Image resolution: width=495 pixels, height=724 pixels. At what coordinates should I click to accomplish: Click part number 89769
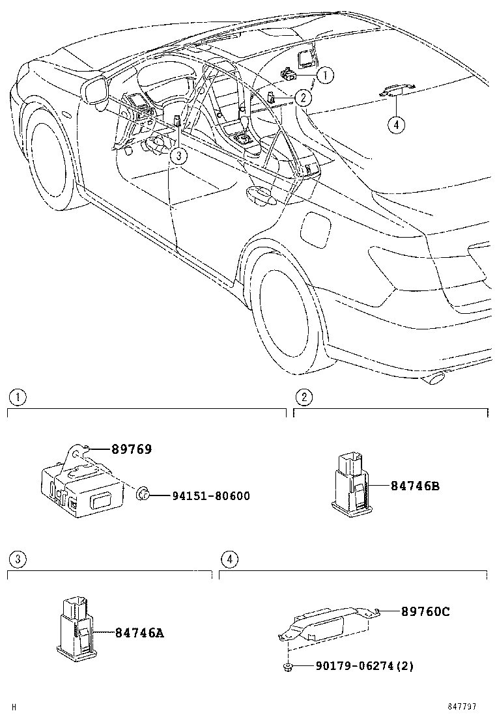pos(131,449)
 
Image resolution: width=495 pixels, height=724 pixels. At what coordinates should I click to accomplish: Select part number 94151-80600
pos(201,496)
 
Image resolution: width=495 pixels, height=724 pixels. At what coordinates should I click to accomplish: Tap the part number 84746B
pos(415,486)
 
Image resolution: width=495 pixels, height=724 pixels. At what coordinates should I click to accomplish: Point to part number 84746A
pos(139,632)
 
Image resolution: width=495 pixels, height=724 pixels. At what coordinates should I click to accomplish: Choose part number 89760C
pos(425,611)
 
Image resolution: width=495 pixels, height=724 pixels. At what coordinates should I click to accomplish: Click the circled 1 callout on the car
pos(325,76)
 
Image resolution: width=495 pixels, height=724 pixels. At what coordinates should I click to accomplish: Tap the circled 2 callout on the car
pos(302,98)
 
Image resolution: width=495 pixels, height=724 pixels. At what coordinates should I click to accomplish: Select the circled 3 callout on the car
pos(178,155)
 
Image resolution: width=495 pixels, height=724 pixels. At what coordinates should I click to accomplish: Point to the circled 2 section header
pos(303,397)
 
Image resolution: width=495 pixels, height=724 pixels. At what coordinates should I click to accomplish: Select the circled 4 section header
pos(228,559)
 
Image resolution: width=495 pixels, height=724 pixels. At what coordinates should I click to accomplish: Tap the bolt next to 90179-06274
pos(287,665)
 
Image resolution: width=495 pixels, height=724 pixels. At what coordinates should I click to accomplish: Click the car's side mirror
pos(95,90)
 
